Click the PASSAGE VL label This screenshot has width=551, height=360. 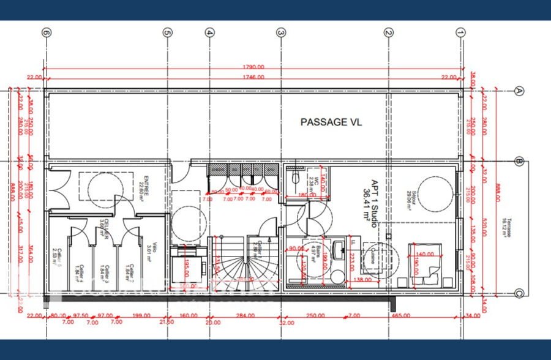point(331,122)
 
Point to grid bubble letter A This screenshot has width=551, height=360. point(519,91)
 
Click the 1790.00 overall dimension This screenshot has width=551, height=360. point(252,67)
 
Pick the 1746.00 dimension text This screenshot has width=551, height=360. point(252,77)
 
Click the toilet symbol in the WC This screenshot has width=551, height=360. point(294,178)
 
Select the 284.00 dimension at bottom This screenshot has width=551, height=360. point(244,315)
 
